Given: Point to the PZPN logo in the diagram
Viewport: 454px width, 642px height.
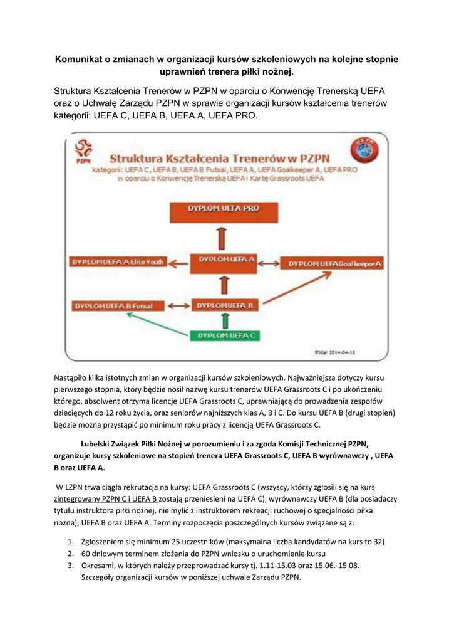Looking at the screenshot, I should point(82,152).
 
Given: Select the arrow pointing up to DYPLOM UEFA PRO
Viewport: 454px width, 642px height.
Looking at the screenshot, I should point(224,237).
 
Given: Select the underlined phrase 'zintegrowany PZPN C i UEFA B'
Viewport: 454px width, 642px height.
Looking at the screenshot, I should point(105,499).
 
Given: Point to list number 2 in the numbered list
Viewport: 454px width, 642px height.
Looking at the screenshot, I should point(71,554).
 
